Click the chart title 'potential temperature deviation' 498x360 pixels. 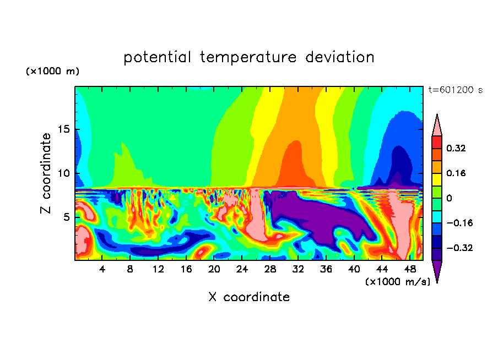[248, 58]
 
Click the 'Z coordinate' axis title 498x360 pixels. [46, 173]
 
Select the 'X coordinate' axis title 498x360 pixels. [248, 297]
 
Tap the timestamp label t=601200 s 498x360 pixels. [455, 90]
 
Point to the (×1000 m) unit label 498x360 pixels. [52, 72]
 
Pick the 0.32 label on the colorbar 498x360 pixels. [457, 148]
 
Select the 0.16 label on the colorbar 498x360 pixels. [457, 173]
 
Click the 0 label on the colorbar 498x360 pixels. [450, 198]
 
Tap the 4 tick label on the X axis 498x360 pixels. [102, 269]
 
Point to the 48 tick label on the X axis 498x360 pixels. [409, 269]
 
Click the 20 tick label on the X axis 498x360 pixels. [214, 269]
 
